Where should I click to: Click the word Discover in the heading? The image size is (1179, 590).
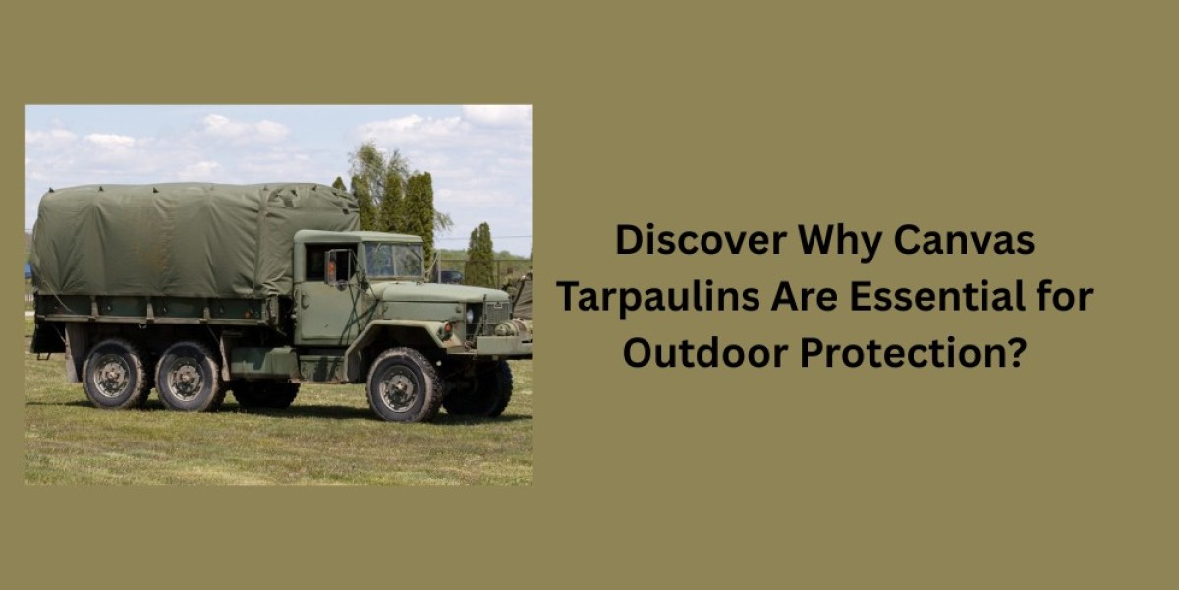point(700,241)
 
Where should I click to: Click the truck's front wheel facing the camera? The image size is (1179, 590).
point(404,384)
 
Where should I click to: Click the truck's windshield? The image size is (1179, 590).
point(393,261)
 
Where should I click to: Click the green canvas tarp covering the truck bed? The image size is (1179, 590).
point(187,241)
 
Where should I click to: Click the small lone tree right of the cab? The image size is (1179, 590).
point(480,256)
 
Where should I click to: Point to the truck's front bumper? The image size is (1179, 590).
point(501,345)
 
